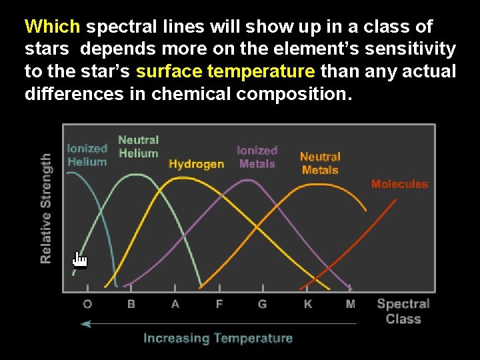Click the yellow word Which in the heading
52,27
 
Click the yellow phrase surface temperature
225,71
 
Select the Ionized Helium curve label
87,155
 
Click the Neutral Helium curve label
138,147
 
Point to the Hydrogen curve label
196,164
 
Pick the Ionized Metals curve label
257,157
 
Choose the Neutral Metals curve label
320,163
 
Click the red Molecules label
399,184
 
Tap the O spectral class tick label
87,304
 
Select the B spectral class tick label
131,304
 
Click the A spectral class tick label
175,304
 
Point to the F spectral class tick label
219,304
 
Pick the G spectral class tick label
263,304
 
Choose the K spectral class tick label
307,304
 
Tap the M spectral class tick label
351,304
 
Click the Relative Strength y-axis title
46,208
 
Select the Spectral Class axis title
403,311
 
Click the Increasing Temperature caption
218,338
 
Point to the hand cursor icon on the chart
79,260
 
